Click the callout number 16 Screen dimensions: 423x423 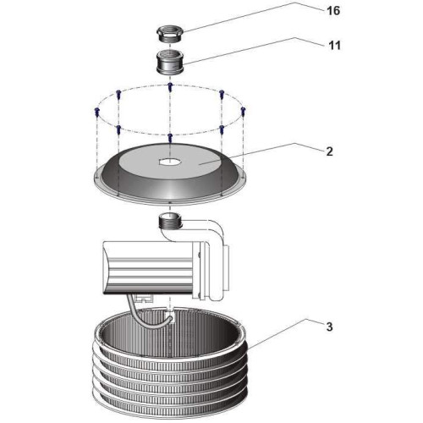[333, 11]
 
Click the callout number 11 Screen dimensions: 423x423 [334, 46]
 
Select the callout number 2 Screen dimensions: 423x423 [329, 151]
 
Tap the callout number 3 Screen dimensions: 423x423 [329, 327]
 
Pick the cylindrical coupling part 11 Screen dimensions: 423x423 [170, 63]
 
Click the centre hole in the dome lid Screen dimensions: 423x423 [170, 162]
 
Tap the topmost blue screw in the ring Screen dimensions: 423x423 [170, 86]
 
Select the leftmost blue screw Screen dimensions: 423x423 [97, 111]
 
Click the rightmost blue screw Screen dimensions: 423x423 [244, 111]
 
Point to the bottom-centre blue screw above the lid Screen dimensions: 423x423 [170, 137]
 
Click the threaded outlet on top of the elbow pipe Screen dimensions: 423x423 [170, 222]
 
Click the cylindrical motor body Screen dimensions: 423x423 [150, 268]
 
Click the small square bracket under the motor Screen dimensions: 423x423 [144, 299]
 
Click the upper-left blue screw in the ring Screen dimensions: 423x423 [118, 94]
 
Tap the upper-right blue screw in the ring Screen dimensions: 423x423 [222, 94]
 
